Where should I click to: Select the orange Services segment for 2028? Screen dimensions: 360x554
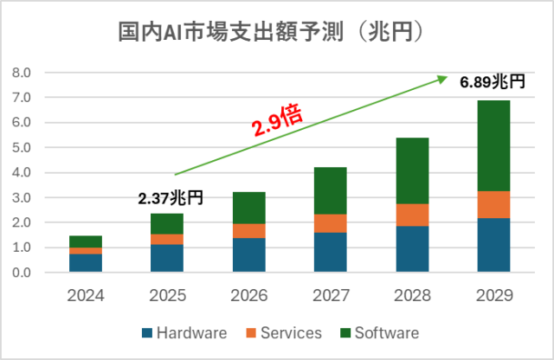[411, 215]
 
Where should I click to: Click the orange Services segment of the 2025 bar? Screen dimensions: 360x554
[167, 240]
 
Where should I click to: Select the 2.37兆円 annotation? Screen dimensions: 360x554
[170, 199]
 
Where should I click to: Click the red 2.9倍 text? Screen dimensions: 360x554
[276, 122]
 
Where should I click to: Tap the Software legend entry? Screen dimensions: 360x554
[381, 332]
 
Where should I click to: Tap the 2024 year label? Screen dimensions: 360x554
[86, 295]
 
